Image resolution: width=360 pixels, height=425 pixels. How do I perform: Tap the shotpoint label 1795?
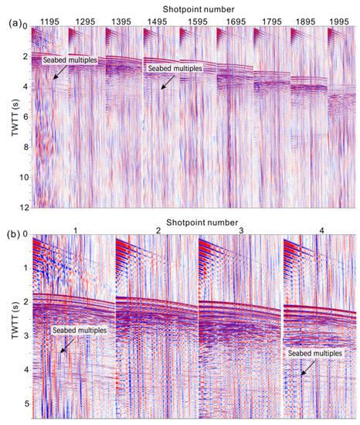273,19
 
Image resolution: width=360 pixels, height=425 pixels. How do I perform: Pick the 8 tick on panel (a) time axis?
25,147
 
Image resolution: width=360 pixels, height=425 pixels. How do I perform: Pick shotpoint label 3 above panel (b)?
240,229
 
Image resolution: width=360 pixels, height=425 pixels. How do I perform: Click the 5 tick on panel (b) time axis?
25,404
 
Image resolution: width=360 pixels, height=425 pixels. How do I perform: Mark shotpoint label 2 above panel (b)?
158,229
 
